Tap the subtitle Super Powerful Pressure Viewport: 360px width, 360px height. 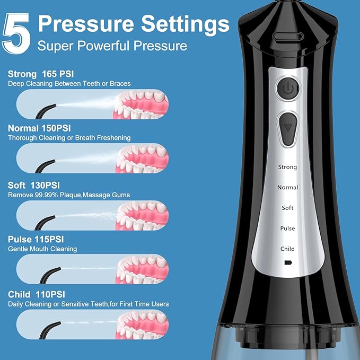pos(112,46)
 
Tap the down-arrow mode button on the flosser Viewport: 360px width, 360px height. pos(288,128)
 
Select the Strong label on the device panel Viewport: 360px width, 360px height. pos(287,167)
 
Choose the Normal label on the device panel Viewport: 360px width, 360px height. pos(287,188)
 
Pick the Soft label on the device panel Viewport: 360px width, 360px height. pos(287,208)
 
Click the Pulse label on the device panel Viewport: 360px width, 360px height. pos(287,229)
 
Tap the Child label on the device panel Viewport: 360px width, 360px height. pos(287,249)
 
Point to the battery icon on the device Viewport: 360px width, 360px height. pos(288,262)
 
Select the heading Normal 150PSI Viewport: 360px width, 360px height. pos(39,128)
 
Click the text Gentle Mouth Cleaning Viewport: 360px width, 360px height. pos(42,249)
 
